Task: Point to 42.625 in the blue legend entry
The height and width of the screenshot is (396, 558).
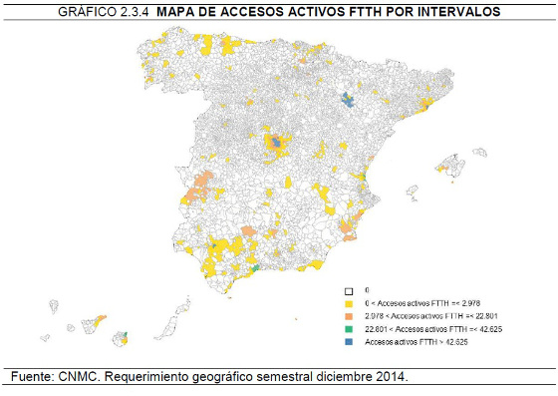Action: click(454, 341)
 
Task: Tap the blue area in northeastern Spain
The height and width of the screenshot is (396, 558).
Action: click(347, 98)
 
